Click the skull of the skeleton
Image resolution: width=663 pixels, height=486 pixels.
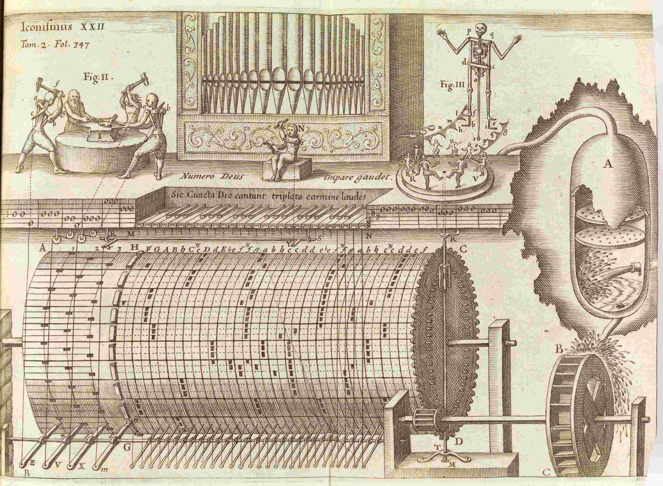coord(478,29)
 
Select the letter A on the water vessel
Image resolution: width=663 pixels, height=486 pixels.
coord(608,163)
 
